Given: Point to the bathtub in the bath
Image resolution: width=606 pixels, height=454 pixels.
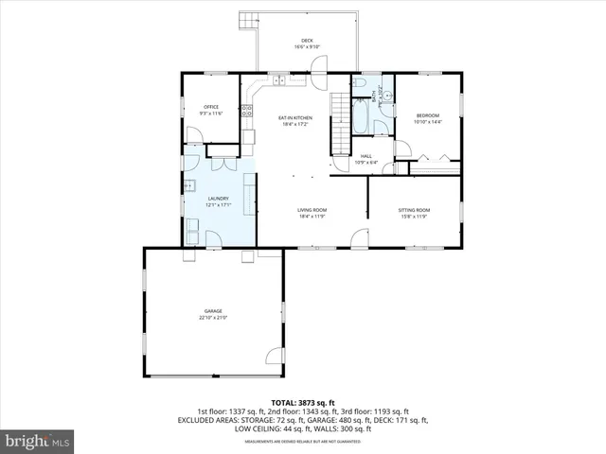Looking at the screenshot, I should pyautogui.click(x=363, y=121).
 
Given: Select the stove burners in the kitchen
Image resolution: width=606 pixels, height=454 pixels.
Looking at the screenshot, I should pyautogui.click(x=247, y=111).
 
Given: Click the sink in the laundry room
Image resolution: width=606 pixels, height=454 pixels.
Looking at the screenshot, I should pyautogui.click(x=189, y=184).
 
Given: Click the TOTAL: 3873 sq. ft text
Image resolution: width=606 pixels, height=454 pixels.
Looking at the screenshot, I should pyautogui.click(x=303, y=403).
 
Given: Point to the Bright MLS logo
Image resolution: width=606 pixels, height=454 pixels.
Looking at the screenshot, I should pyautogui.click(x=38, y=441).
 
